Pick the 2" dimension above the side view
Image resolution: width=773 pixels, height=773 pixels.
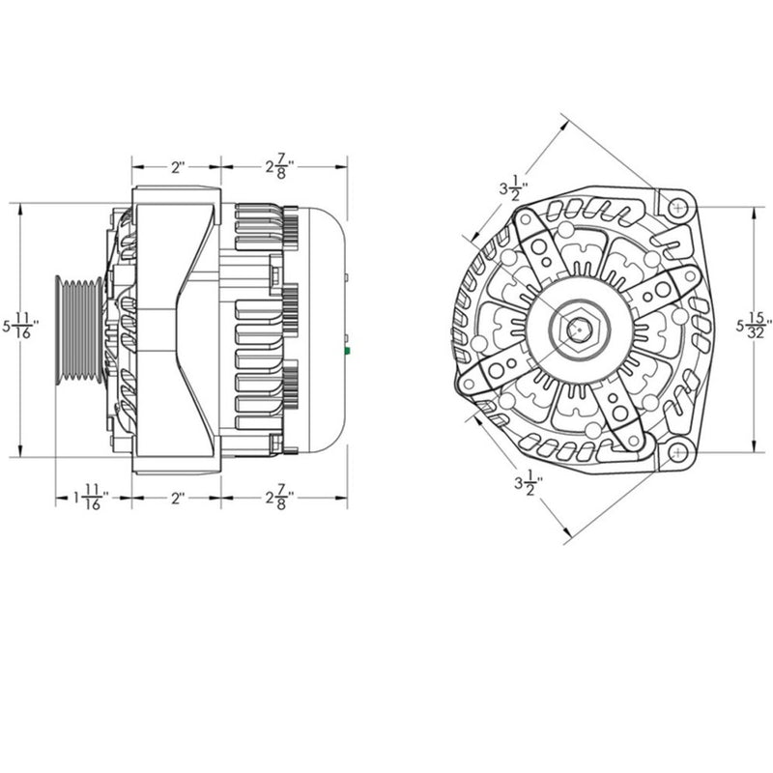click(178, 166)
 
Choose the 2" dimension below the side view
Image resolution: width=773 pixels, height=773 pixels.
click(178, 499)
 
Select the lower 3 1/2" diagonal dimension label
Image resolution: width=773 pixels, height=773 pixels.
click(528, 480)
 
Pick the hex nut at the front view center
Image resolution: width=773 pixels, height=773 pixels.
click(576, 329)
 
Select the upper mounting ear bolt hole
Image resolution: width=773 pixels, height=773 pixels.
click(678, 207)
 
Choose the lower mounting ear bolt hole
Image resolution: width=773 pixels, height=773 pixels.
click(678, 451)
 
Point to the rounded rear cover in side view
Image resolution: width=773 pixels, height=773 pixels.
click(324, 329)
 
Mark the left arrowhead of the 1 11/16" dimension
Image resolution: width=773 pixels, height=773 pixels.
click(56, 499)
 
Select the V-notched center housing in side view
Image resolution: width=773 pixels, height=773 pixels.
click(178, 329)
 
